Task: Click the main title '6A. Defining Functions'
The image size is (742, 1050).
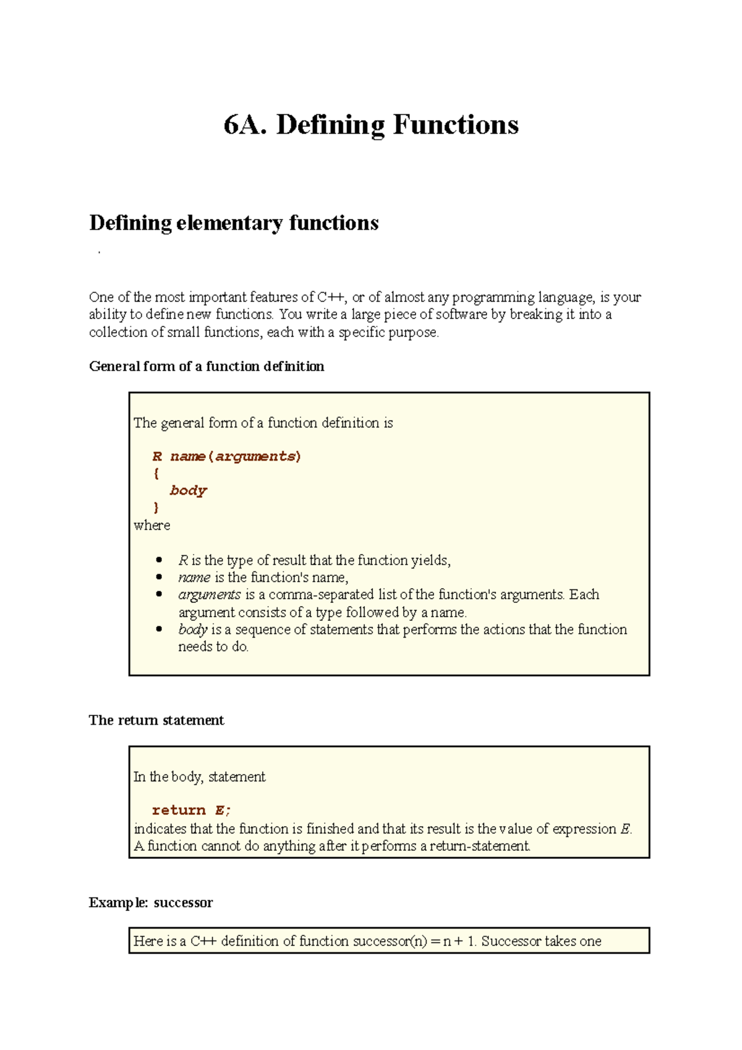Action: (371, 125)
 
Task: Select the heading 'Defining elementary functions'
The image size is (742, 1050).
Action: (234, 223)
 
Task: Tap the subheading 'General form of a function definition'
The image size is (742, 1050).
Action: (207, 366)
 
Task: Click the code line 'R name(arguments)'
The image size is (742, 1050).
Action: (226, 456)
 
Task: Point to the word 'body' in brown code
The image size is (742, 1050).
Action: (188, 490)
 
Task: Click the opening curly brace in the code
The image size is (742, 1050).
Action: (156, 474)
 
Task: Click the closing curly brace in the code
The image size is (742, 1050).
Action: (156, 508)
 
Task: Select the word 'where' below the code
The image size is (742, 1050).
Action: (151, 526)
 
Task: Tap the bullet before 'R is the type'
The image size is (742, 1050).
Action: (160, 560)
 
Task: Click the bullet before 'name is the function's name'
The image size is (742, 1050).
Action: (160, 578)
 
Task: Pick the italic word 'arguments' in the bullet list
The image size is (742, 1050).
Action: (209, 595)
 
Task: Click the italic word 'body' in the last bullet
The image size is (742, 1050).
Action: (192, 630)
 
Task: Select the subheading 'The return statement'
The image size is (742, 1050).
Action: (156, 720)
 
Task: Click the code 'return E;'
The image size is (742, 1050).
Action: (191, 810)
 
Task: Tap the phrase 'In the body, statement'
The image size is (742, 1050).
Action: (199, 777)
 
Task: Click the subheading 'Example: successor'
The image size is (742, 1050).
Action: (150, 902)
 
